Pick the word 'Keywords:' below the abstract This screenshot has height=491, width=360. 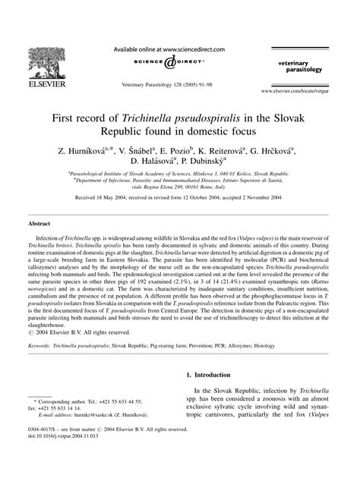pos(42,366)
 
